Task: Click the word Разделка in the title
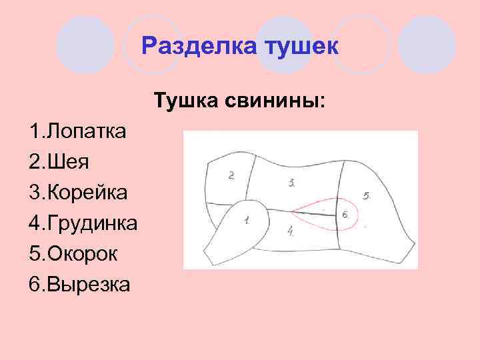tap(200, 47)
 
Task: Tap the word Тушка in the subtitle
tap(182, 102)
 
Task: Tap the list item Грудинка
tap(91, 223)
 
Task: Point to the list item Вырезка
tap(86, 284)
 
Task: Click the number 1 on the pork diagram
tap(247, 219)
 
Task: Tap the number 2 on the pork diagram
tap(231, 176)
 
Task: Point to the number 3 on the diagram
tap(292, 181)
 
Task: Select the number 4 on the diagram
tap(291, 231)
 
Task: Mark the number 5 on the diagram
tap(367, 196)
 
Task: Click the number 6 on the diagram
tap(345, 215)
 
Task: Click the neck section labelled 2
tap(227, 187)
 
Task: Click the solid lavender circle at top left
tap(85, 45)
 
